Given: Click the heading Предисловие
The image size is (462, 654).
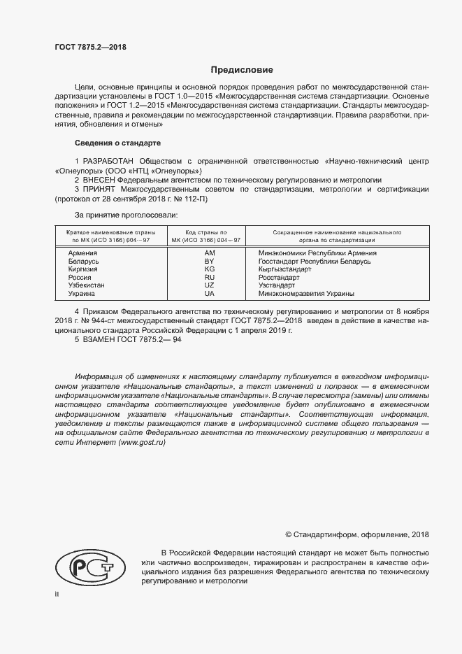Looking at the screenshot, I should pyautogui.click(x=243, y=70).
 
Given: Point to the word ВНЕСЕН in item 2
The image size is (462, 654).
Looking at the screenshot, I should pyautogui.click(x=103, y=180).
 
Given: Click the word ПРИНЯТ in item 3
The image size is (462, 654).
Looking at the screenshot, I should pyautogui.click(x=100, y=189).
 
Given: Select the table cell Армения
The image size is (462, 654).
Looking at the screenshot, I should pyautogui.click(x=83, y=253).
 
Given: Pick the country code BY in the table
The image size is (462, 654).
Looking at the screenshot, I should pyautogui.click(x=209, y=261).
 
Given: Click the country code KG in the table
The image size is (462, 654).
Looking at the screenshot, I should pyautogui.click(x=209, y=269).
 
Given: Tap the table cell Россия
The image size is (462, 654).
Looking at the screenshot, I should pyautogui.click(x=80, y=278).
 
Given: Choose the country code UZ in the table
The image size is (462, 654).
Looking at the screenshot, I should pyautogui.click(x=209, y=286).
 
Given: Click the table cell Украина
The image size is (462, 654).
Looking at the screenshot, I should pyautogui.click(x=82, y=294).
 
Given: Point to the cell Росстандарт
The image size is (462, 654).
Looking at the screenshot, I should pyautogui.click(x=279, y=278).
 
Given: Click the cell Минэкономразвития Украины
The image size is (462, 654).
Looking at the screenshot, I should pyautogui.click(x=306, y=294).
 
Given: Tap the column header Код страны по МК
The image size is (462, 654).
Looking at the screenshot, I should pyautogui.click(x=205, y=235).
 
